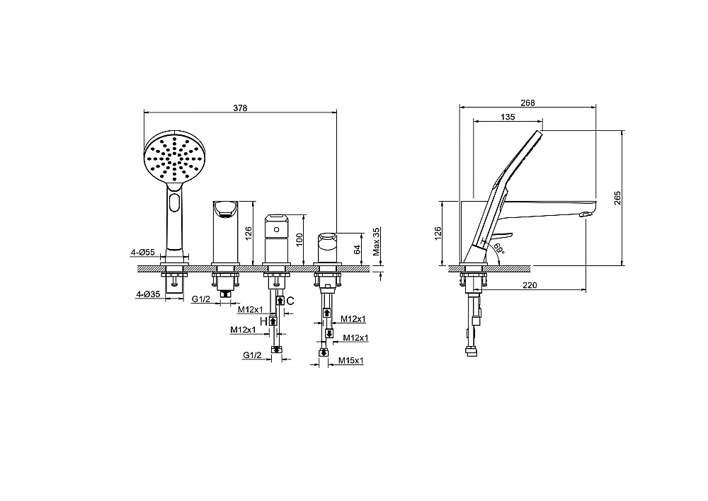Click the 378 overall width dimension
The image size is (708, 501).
click(240, 108)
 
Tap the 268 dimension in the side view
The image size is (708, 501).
click(527, 103)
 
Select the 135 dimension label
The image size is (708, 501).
click(508, 117)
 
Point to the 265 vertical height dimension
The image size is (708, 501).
click(617, 197)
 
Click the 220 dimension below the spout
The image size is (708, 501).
click(530, 285)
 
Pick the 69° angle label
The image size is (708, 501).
click(498, 248)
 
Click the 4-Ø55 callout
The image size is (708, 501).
click(143, 253)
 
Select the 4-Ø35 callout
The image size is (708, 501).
click(148, 294)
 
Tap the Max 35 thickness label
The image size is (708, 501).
click(377, 241)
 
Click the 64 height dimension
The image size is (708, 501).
click(357, 249)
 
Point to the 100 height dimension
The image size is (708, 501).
click(299, 239)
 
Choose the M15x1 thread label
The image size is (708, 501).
click(351, 361)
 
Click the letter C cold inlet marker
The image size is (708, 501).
click(290, 301)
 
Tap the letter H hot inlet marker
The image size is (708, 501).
click(263, 321)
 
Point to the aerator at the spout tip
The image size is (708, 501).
click(585, 214)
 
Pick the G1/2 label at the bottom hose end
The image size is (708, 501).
click(252, 355)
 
